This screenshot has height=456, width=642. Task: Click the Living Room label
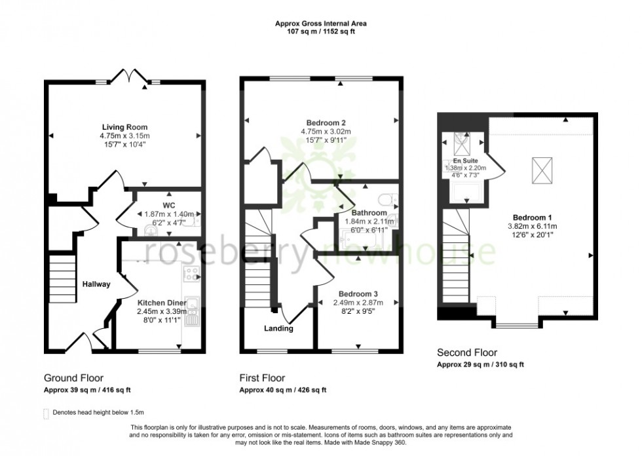point(124,127)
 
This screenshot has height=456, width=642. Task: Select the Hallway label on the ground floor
point(96,284)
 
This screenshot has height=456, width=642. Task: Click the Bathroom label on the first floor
point(369,213)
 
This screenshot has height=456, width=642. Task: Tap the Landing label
point(278,329)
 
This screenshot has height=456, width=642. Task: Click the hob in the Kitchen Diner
point(191,275)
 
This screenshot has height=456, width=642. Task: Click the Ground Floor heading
point(73,378)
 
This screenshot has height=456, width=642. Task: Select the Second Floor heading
point(466,352)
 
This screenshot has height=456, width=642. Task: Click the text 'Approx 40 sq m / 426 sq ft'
point(282,390)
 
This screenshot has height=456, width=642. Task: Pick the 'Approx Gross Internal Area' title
point(320,24)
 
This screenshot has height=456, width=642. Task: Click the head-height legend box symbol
point(46,413)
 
